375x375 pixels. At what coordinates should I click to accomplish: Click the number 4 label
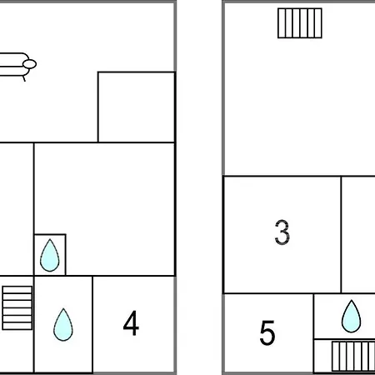pyautogui.click(x=131, y=322)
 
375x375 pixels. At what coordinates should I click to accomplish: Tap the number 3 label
pyautogui.click(x=282, y=232)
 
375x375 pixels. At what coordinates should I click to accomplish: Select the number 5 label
pyautogui.click(x=267, y=332)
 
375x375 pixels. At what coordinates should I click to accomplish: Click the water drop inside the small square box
pyautogui.click(x=50, y=255)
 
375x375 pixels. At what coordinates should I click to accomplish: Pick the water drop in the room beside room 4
pyautogui.click(x=63, y=324)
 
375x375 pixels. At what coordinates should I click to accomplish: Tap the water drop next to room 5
pyautogui.click(x=352, y=317)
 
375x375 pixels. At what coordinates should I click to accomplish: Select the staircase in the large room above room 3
pyautogui.click(x=300, y=23)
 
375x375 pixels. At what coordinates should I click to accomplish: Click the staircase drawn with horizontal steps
pyautogui.click(x=17, y=307)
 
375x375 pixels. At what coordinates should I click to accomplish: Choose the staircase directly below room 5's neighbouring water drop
pyautogui.click(x=353, y=357)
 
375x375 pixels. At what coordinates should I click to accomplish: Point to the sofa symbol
pyautogui.click(x=17, y=65)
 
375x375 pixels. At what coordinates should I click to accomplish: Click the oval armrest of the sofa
pyautogui.click(x=30, y=64)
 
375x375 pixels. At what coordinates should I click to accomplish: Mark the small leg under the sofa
pyautogui.click(x=24, y=78)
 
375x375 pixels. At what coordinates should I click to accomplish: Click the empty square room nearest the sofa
pyautogui.click(x=137, y=107)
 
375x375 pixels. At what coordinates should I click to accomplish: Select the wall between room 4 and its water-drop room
pyautogui.click(x=92, y=324)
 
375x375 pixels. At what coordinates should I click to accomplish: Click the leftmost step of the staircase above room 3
pyautogui.click(x=282, y=23)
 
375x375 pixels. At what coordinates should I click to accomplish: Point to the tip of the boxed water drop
pyautogui.click(x=50, y=239)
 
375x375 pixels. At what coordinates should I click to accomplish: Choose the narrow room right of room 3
pyautogui.click(x=358, y=235)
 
